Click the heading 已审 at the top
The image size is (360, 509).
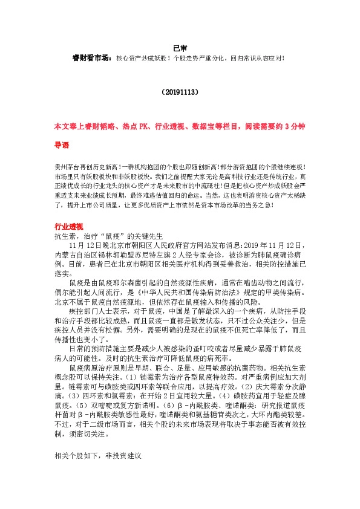(x=180, y=47)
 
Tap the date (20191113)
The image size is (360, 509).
(x=180, y=93)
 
